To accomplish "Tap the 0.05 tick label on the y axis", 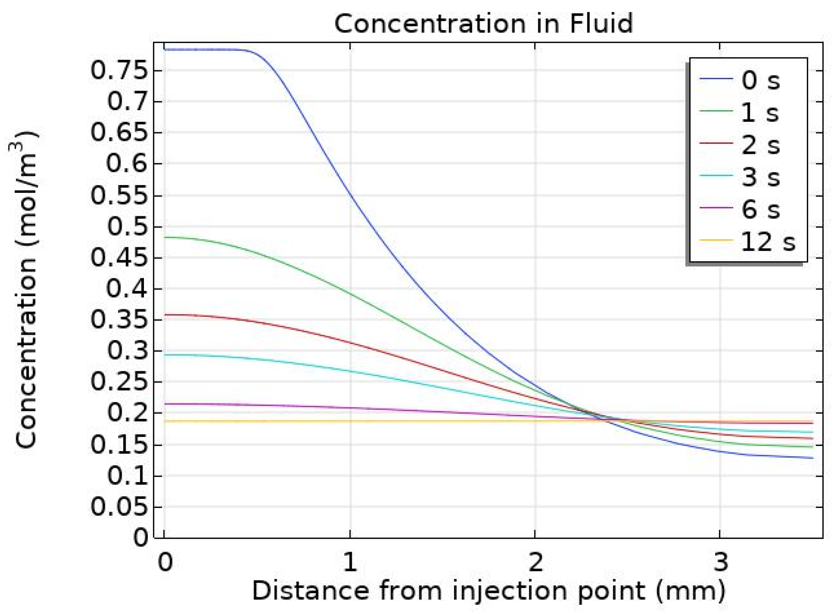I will click(x=119, y=507).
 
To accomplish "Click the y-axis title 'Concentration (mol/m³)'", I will click(x=26, y=290).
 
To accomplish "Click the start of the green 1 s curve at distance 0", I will click(x=165, y=237).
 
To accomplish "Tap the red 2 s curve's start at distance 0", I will click(x=165, y=315).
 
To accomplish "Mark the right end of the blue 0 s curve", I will click(x=813, y=458).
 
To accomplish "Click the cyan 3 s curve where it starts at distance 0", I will click(x=165, y=354).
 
